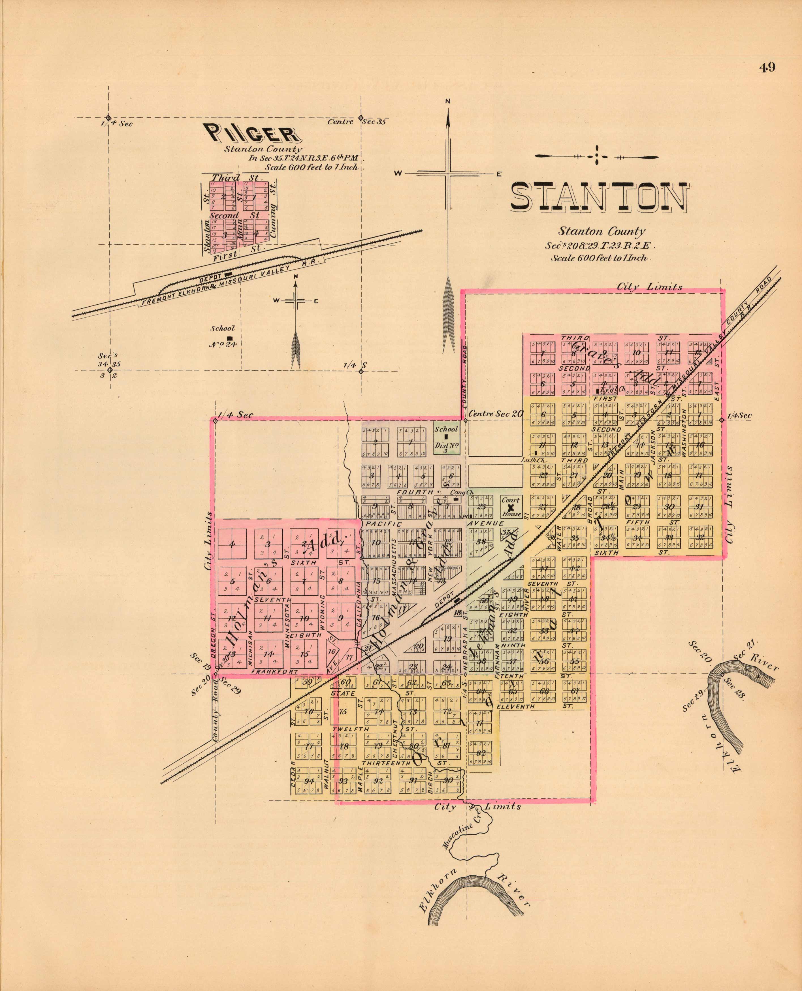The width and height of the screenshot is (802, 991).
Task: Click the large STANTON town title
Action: tap(599, 197)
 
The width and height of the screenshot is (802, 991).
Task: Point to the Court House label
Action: tap(511, 507)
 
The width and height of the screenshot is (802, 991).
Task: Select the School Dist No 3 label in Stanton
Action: tap(446, 440)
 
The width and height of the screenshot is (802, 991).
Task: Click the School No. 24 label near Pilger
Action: tap(223, 336)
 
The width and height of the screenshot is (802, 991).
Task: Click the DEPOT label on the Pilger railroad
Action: tap(210, 279)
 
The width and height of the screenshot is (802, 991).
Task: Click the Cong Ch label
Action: tap(457, 492)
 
